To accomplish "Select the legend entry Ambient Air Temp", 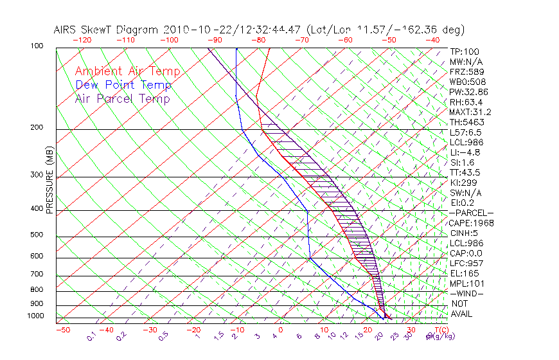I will point(127,71).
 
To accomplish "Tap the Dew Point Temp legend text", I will point(123,85).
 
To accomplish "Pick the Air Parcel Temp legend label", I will point(122,98).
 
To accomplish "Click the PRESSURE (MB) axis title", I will point(49,181).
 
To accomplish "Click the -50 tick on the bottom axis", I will point(62,330).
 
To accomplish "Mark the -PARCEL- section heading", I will point(471,213).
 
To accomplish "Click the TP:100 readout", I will point(464,51).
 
